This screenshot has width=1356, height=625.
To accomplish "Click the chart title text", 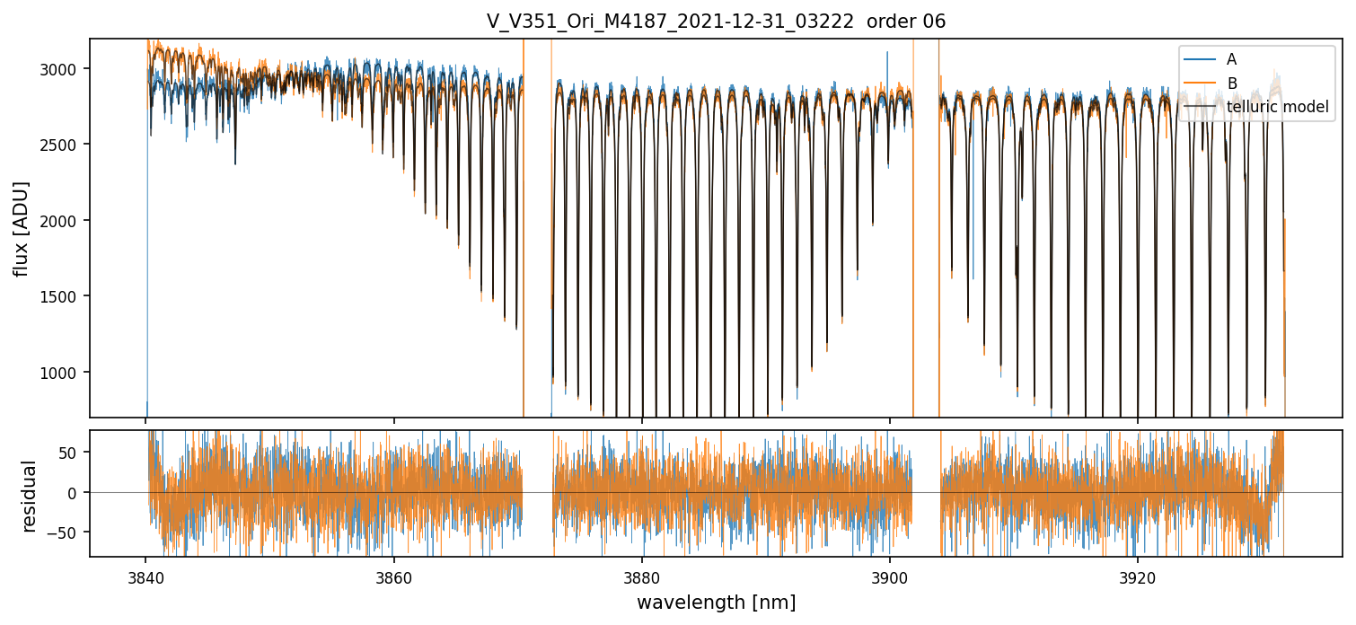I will pyautogui.click(x=716, y=22).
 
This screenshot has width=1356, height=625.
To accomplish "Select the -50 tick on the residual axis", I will pyautogui.click(x=66, y=533).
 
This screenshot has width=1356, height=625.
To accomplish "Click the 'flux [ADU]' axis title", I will pyautogui.click(x=21, y=228).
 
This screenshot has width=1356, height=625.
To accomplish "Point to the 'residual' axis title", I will pyautogui.click(x=29, y=496).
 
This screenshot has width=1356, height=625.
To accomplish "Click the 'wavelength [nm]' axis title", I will pyautogui.click(x=716, y=603).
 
